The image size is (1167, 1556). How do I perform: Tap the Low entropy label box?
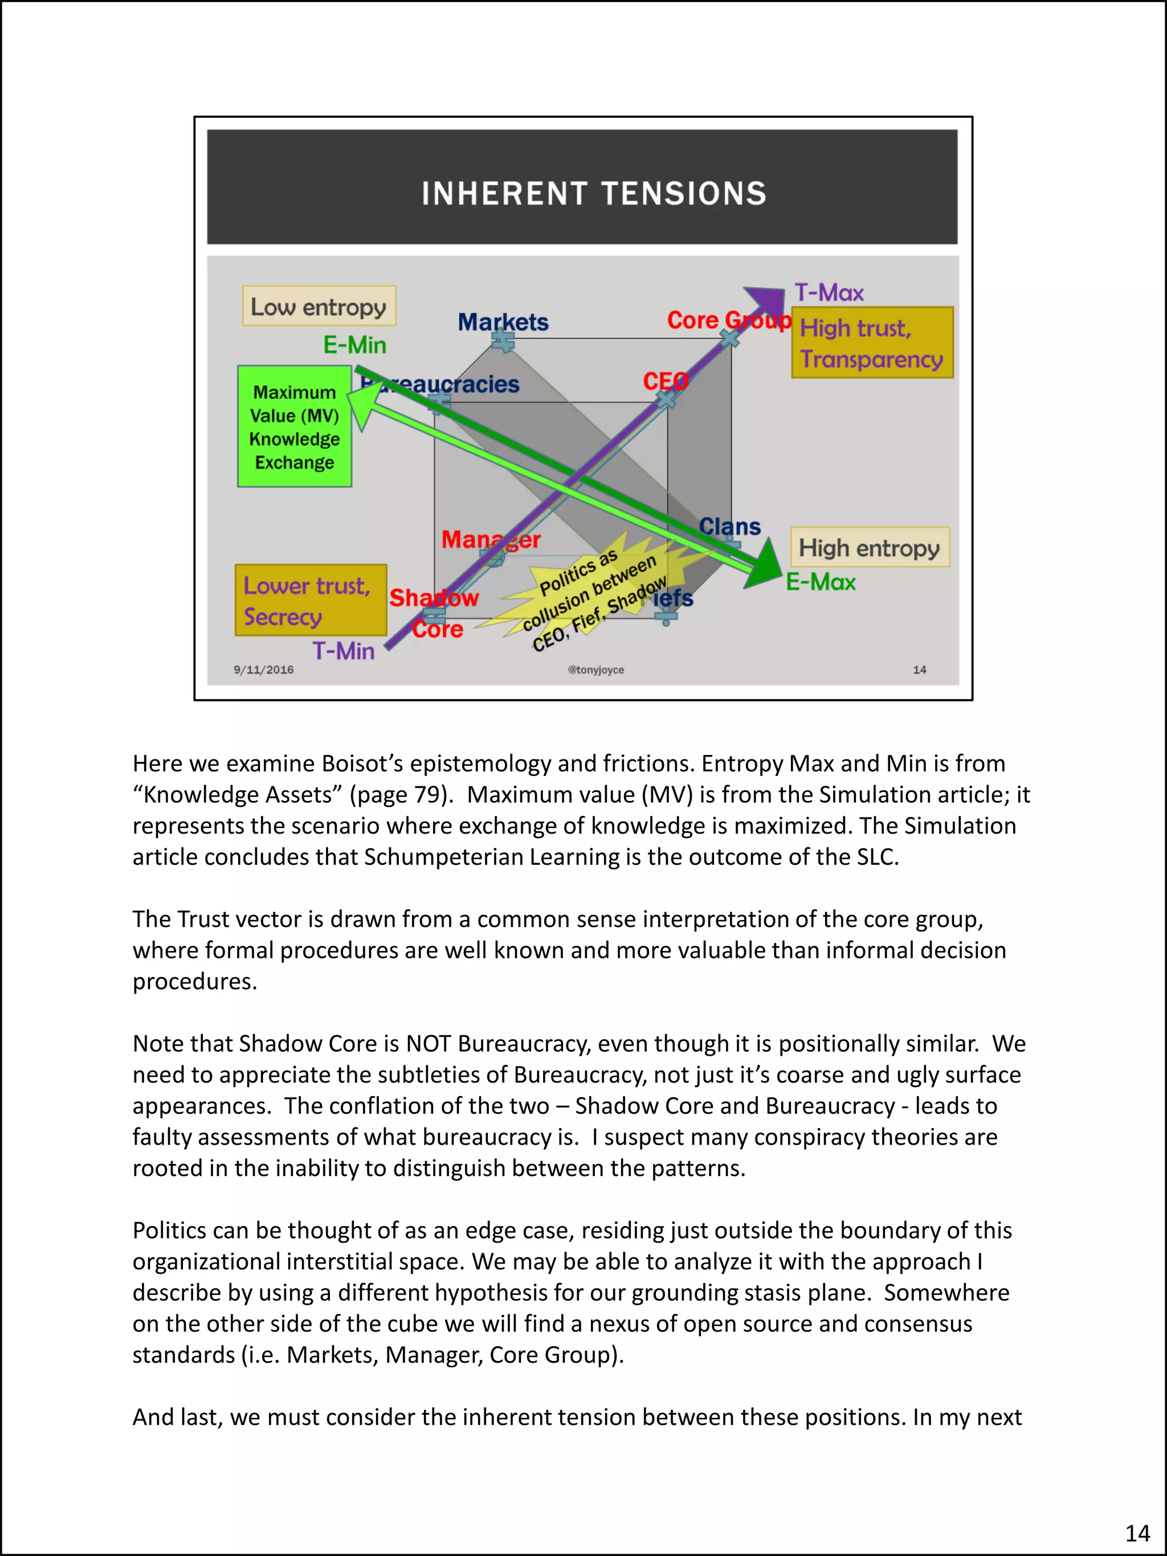(x=319, y=306)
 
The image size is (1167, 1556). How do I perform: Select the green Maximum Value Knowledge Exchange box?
(x=294, y=426)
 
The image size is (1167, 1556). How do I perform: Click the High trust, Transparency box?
(x=872, y=342)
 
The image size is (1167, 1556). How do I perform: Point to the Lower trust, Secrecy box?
(x=310, y=600)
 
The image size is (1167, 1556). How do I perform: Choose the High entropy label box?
(x=870, y=548)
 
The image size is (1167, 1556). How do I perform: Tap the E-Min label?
(x=354, y=345)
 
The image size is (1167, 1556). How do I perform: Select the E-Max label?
(x=820, y=582)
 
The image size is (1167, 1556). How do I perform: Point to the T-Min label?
(x=343, y=651)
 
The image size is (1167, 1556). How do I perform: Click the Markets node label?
(x=503, y=322)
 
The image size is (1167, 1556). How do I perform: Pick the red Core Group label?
(x=728, y=320)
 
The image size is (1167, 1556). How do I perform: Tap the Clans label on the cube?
(x=729, y=526)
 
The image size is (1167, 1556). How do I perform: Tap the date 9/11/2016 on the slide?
(x=264, y=669)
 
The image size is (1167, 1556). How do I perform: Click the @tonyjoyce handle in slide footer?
(x=596, y=669)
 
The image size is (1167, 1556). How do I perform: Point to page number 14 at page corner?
(x=1137, y=1533)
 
